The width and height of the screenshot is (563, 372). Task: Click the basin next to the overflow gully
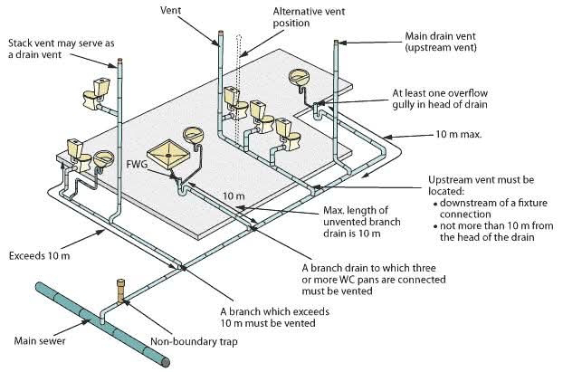[301, 81]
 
